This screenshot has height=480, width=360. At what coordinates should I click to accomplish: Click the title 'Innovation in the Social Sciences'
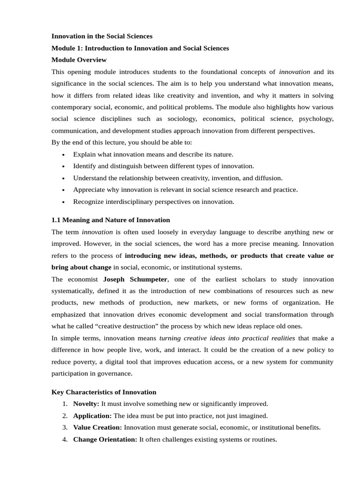pyautogui.click(x=102, y=36)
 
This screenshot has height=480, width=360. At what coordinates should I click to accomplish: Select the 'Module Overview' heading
pyautogui.click(x=79, y=60)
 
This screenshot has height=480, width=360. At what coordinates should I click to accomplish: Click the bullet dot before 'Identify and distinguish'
pyautogui.click(x=63, y=166)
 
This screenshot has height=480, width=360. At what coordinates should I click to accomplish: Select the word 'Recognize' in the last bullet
pyautogui.click(x=88, y=202)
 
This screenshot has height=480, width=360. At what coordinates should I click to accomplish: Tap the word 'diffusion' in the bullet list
pyautogui.click(x=268, y=178)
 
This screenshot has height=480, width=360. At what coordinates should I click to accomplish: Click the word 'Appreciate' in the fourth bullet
pyautogui.click(x=89, y=190)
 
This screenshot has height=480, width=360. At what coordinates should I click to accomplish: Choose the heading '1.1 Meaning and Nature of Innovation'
pyautogui.click(x=110, y=220)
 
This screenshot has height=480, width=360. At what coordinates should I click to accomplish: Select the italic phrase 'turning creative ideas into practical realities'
pyautogui.click(x=227, y=338)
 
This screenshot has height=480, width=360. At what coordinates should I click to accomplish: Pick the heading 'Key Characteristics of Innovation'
pyautogui.click(x=104, y=392)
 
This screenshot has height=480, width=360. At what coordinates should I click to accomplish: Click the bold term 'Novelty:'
pyautogui.click(x=86, y=404)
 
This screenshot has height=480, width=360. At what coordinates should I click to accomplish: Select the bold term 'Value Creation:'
pyautogui.click(x=97, y=427)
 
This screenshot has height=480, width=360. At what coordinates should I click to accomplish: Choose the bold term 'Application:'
pyautogui.click(x=92, y=416)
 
